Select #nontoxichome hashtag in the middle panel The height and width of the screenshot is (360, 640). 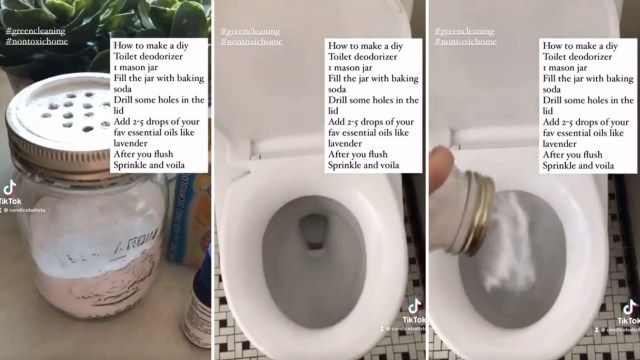[x=252, y=42]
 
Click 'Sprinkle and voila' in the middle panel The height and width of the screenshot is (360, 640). [x=367, y=166]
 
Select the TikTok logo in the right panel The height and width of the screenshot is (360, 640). [x=628, y=307]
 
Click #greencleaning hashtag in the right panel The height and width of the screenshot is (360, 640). [x=465, y=31]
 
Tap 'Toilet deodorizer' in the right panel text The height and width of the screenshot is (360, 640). [x=586, y=56]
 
